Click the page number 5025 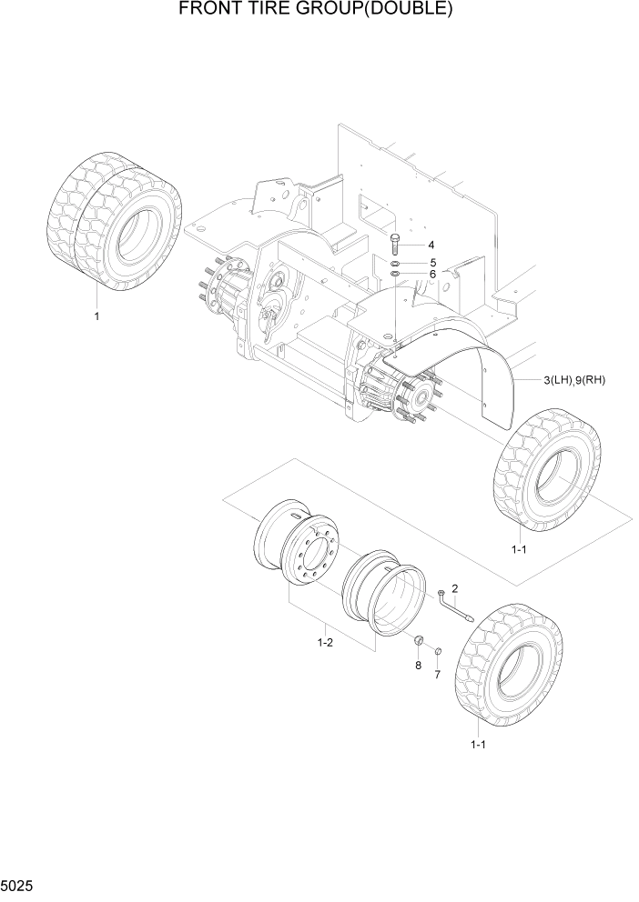20,884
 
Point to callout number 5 432,262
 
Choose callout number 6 432,274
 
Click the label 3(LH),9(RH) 574,380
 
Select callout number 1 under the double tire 96,316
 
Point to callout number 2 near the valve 454,588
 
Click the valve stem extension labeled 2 455,606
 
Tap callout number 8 419,665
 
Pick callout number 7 436,674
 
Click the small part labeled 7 437,652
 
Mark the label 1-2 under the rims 325,642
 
